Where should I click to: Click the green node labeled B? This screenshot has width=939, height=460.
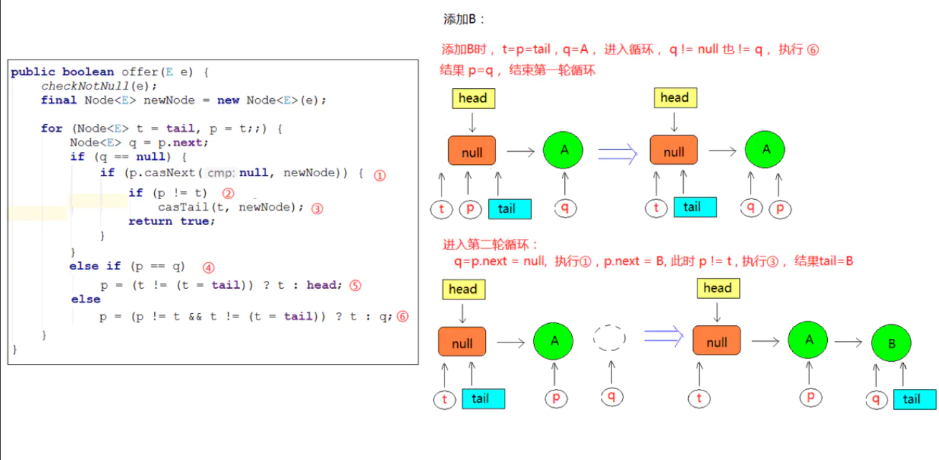pos(892,344)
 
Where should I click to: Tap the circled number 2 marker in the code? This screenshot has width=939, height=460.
pos(229,193)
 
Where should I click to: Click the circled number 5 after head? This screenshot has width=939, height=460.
pos(355,285)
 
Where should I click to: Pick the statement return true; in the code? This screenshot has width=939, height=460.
pos(171,221)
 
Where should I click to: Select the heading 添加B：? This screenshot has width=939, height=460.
pos(465,19)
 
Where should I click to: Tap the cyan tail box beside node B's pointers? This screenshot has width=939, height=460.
pos(914,399)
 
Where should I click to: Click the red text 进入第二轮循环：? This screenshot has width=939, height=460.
pos(490,245)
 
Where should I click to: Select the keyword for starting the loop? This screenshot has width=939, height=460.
pos(52,128)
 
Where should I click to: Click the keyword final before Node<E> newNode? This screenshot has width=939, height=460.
pos(59,100)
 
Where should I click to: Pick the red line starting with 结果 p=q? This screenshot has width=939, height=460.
pos(518,70)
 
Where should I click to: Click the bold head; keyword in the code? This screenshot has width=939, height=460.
pos(322,285)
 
